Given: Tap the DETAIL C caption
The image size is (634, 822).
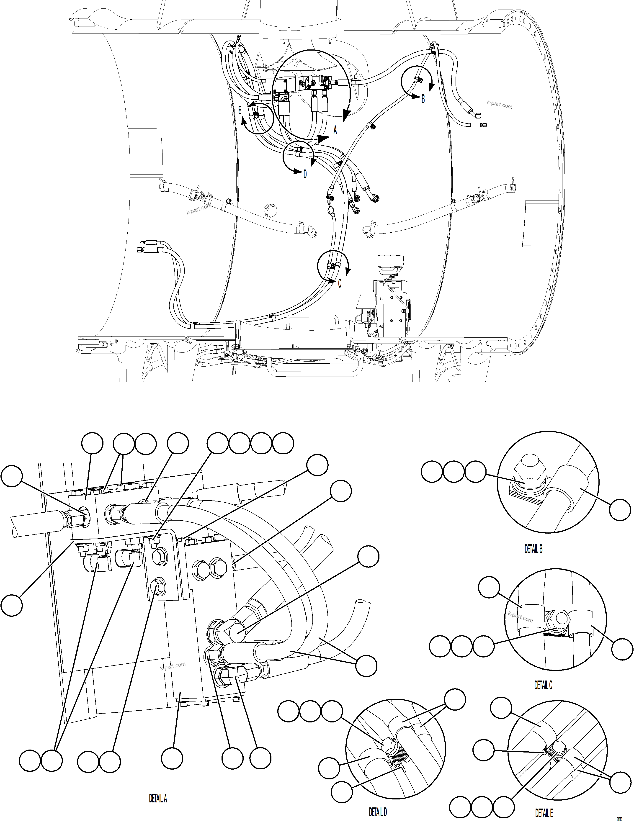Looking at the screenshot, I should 543,685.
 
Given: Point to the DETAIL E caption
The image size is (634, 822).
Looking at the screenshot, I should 544,813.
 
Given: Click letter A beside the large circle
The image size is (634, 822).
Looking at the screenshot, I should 335,131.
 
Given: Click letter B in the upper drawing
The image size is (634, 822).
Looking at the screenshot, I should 423,99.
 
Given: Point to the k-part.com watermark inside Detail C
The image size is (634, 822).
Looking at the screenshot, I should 520,616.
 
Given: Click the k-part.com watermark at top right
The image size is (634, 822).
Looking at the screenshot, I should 500,104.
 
